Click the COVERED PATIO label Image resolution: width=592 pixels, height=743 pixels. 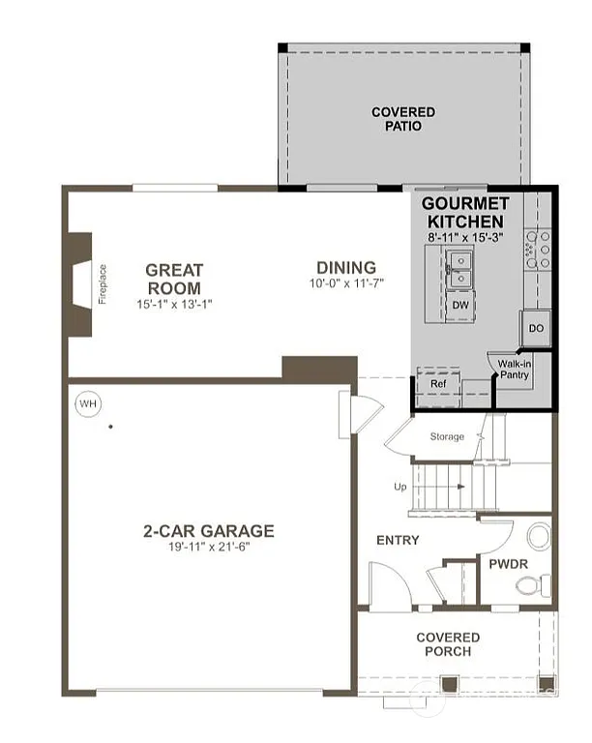click(403, 120)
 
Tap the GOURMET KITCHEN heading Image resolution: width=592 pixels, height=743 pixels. click(464, 213)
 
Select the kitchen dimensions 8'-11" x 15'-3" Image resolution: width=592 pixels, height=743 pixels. click(464, 235)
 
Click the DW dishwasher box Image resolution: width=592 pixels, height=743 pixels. click(460, 305)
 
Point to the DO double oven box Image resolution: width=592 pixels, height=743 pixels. click(536, 329)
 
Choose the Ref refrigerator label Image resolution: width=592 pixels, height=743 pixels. click(436, 384)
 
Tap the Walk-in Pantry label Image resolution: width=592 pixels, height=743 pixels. click(514, 369)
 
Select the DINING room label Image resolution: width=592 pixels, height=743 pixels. click(346, 268)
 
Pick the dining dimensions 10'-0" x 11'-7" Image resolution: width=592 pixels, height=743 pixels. click(346, 284)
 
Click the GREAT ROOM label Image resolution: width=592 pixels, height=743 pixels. click(174, 280)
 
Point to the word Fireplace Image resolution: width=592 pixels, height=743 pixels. click(103, 283)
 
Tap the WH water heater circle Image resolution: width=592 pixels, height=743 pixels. click(88, 403)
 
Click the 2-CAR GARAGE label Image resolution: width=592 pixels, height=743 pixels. click(209, 530)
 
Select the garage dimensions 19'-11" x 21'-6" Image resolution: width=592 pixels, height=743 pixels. click(209, 547)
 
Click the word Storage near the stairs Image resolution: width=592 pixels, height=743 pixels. click(448, 437)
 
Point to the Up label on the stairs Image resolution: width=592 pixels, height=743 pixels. click(400, 487)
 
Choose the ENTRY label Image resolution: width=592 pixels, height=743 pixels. click(397, 540)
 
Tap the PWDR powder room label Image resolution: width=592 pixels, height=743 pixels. click(506, 563)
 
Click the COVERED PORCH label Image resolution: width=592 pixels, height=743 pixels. click(448, 644)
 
